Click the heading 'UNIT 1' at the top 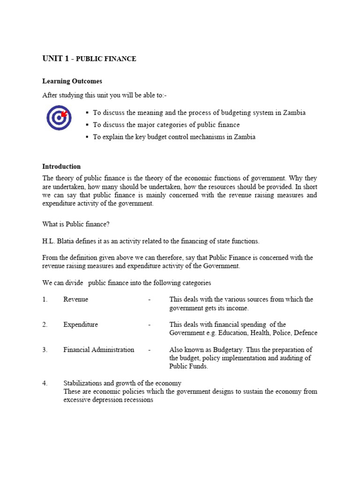[55, 59]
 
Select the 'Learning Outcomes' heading [72, 81]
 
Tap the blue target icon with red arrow [59, 118]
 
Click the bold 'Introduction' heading [61, 166]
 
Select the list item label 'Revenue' [76, 300]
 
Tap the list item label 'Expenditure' [81, 325]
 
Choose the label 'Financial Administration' [98, 350]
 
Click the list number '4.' [45, 383]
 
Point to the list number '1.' [45, 300]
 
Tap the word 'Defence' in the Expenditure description [305, 333]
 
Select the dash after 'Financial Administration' [149, 350]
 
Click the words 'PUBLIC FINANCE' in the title [106, 59]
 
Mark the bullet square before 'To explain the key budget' [87, 137]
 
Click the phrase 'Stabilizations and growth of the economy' [122, 383]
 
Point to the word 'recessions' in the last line [138, 400]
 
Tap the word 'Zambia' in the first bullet [294, 112]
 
